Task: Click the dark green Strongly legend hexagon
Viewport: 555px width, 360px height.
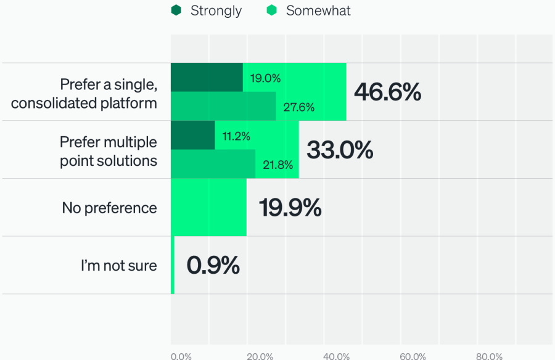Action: click(x=176, y=10)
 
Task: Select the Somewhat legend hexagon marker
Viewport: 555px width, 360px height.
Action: click(x=272, y=10)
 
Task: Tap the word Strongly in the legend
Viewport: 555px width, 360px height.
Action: click(x=216, y=10)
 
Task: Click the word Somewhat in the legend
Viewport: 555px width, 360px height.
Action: click(x=318, y=10)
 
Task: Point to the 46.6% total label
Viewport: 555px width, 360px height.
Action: click(x=387, y=92)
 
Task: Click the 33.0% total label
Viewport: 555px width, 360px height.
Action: click(x=340, y=150)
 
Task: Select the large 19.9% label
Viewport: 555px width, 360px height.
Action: click(x=290, y=208)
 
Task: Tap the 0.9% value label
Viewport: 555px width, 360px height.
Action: click(x=213, y=266)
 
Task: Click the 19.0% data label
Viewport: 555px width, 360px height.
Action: click(x=265, y=78)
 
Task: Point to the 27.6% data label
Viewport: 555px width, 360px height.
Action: click(x=298, y=107)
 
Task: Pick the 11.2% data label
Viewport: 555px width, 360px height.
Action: click(x=236, y=136)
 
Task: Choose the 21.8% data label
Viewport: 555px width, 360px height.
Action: click(x=277, y=165)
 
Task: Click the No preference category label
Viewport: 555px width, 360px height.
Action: click(x=109, y=208)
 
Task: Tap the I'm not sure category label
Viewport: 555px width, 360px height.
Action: click(x=118, y=266)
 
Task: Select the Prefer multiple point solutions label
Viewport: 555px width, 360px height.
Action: click(x=108, y=151)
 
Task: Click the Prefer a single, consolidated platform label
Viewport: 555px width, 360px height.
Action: click(x=84, y=93)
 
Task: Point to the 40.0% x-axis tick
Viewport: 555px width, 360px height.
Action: click(x=336, y=356)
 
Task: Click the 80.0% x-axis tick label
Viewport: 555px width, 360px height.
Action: click(x=489, y=356)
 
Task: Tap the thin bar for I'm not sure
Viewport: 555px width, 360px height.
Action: click(x=172, y=265)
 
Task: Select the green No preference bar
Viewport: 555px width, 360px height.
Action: click(x=208, y=208)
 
